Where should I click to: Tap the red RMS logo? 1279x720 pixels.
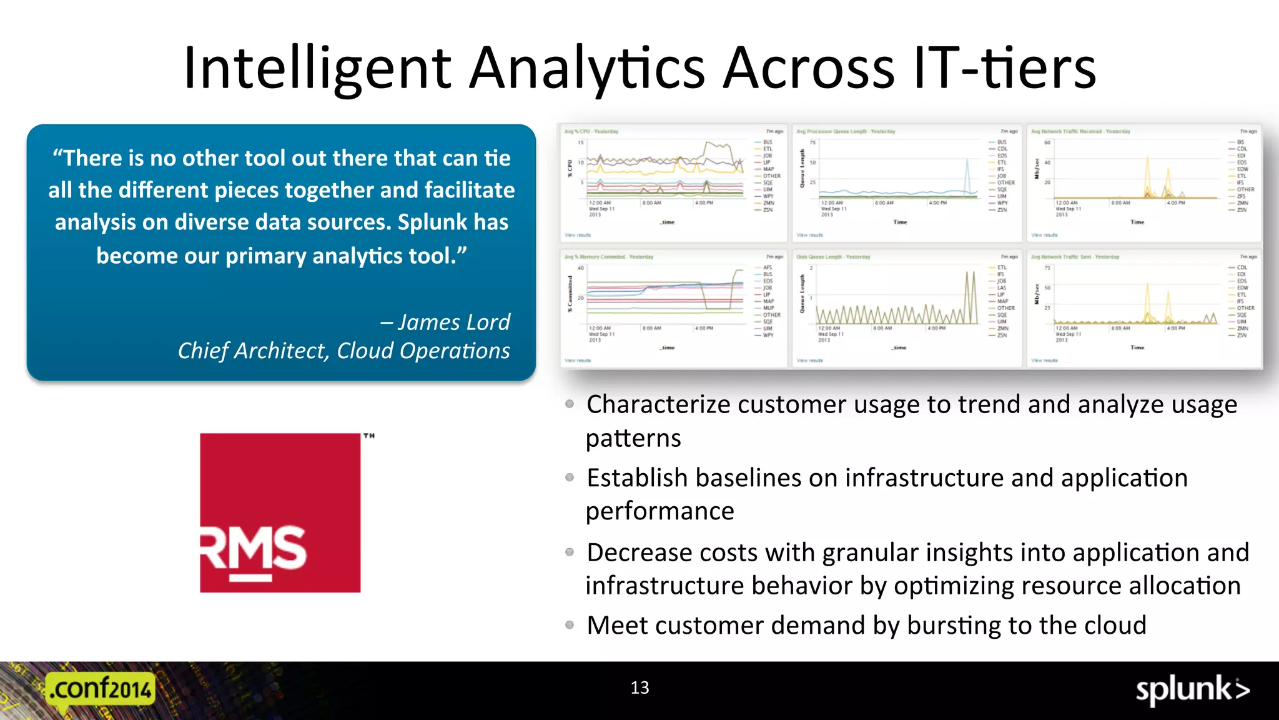point(280,512)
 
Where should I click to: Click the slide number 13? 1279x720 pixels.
point(639,687)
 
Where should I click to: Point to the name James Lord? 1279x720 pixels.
point(454,322)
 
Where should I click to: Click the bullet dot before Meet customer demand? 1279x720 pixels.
point(570,625)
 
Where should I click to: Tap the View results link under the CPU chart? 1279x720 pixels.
point(577,235)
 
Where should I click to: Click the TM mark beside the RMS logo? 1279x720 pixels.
point(369,436)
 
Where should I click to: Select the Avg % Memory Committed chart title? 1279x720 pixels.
point(608,257)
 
